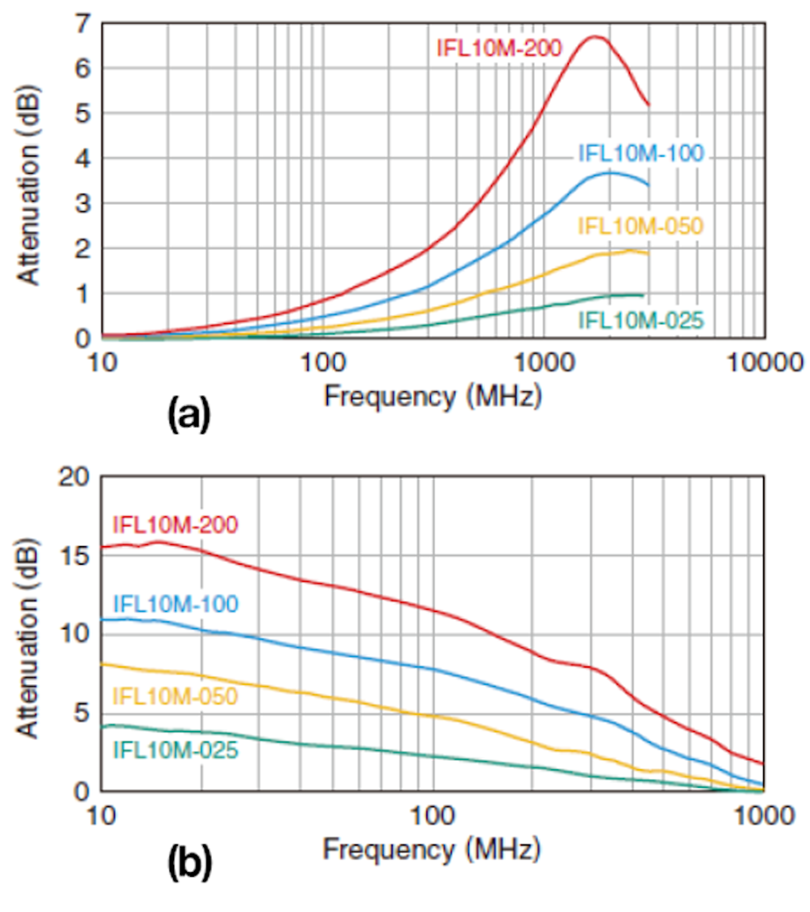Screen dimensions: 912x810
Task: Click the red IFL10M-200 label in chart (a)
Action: (499, 48)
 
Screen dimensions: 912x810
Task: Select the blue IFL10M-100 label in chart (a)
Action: (641, 153)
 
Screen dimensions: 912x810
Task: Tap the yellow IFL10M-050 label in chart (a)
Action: (640, 226)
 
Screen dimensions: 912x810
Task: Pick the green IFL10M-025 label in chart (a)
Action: (641, 320)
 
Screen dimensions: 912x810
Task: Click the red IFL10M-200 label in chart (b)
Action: (175, 525)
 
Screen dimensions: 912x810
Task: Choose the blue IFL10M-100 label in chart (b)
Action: (175, 604)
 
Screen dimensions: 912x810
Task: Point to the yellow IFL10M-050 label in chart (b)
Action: (175, 697)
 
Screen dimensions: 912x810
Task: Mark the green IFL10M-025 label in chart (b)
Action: (175, 750)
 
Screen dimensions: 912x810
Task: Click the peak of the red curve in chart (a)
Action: (595, 37)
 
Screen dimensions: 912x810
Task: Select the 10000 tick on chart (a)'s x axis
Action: (765, 363)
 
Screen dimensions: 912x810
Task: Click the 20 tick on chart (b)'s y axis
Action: (74, 477)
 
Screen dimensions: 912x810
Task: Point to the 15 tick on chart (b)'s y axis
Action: (74, 556)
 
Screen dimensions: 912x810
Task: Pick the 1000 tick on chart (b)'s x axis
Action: (764, 815)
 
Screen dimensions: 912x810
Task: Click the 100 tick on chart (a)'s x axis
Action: (323, 363)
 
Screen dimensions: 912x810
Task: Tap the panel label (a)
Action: (189, 414)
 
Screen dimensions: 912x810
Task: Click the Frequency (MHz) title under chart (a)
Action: (433, 396)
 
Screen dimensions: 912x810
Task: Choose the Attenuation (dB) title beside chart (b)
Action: (28, 638)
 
